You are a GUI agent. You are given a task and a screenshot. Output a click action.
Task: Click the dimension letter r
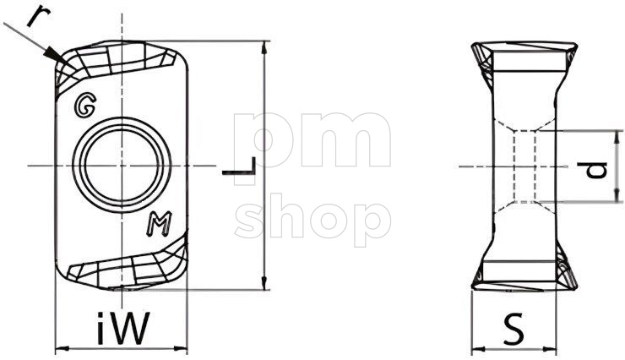35,14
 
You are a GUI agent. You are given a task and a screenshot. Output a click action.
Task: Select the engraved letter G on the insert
84,105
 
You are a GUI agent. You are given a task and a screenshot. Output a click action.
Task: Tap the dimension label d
598,167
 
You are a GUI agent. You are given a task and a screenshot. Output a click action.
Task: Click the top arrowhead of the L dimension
266,46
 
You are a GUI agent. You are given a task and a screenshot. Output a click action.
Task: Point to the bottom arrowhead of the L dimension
266,283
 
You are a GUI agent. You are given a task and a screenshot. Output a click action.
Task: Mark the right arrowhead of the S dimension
553,347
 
